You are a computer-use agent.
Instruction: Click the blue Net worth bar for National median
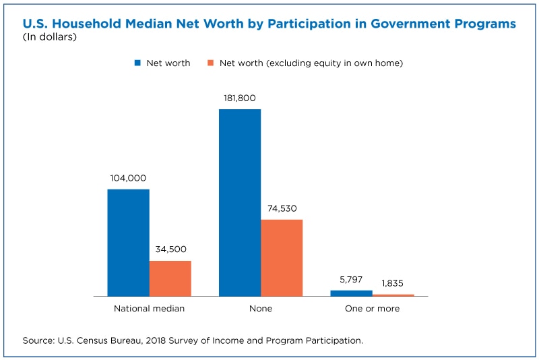coord(128,243)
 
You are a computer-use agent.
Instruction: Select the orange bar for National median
coord(170,278)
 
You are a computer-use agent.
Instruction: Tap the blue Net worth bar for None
coord(240,202)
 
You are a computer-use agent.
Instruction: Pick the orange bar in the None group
coord(282,258)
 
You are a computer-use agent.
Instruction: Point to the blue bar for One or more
coord(351,293)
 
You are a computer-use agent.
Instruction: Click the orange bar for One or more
coord(393,295)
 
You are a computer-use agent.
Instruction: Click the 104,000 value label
coord(128,178)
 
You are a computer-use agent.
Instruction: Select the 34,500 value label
coord(171,249)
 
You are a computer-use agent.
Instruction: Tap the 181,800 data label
coord(240,98)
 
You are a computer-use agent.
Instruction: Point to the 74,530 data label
coord(282,208)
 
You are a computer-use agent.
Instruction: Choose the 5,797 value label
coord(351,280)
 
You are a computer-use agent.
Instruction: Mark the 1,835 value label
coord(393,283)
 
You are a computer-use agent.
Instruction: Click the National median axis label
coord(149,308)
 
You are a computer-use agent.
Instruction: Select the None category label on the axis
coord(261,308)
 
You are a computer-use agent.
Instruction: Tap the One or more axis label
coord(373,308)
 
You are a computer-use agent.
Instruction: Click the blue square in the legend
coord(137,63)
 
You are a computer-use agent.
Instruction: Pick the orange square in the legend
coord(211,63)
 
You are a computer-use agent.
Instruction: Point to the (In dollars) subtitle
coord(49,37)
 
